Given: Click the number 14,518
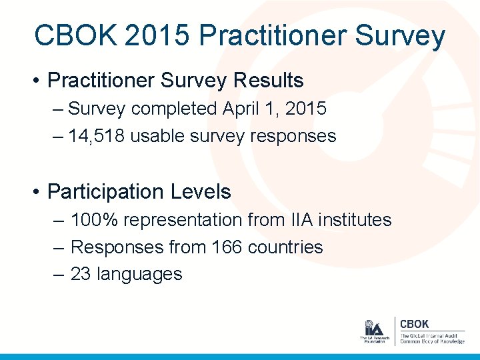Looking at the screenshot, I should point(96,136).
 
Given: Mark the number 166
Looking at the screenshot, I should point(227,247).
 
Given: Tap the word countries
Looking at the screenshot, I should point(285,247).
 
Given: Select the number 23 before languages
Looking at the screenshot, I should point(81,274).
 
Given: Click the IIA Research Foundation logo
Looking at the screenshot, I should point(373,331).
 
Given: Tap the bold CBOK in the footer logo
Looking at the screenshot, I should point(414,324).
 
